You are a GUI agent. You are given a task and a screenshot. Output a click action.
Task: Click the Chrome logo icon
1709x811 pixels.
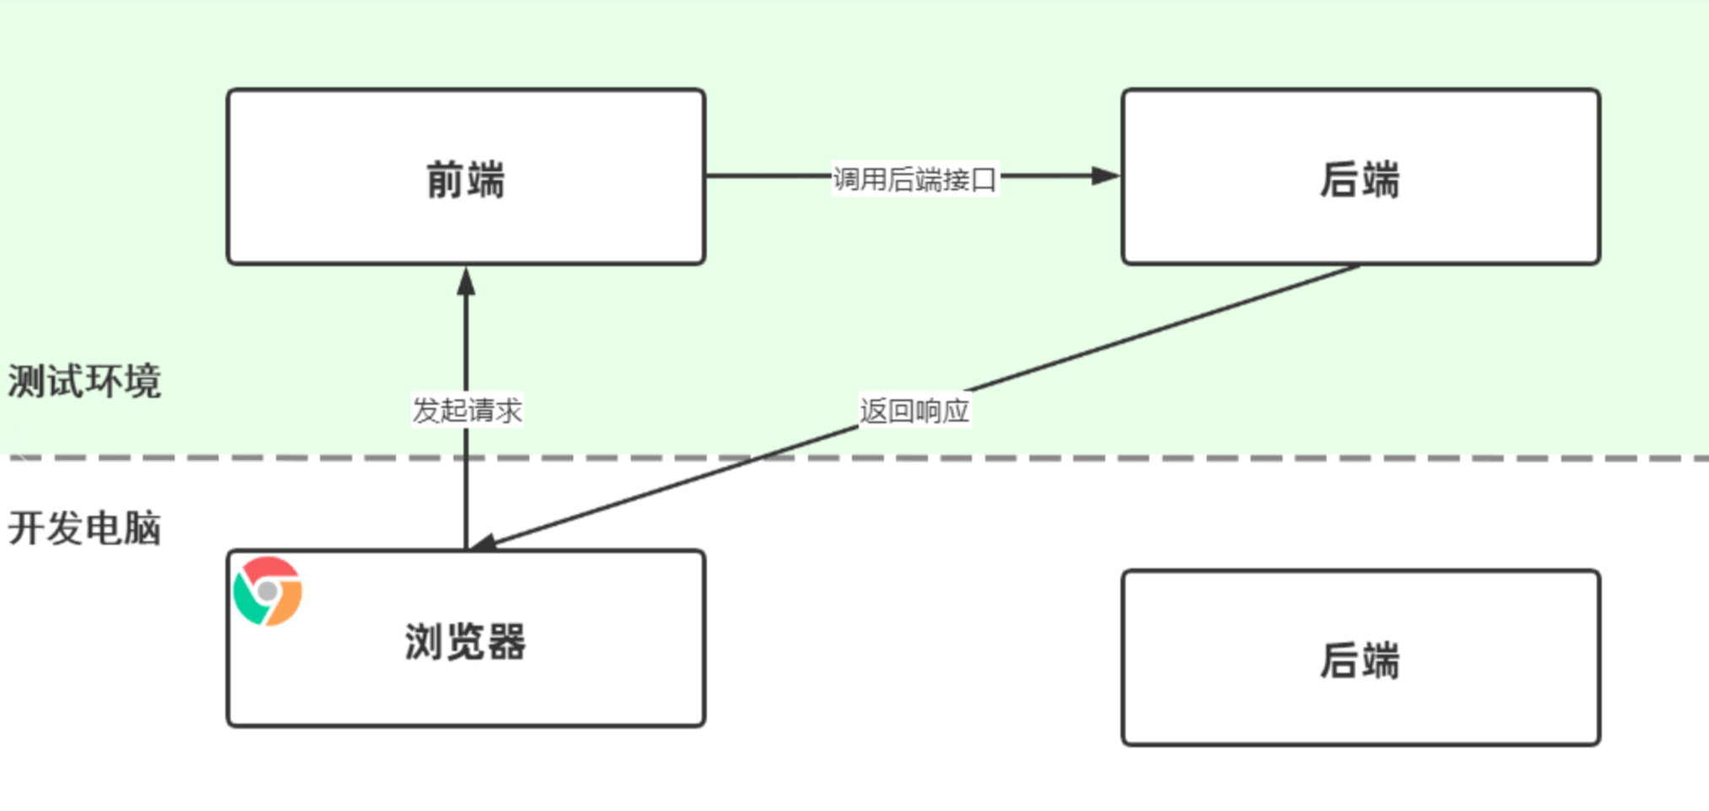(268, 591)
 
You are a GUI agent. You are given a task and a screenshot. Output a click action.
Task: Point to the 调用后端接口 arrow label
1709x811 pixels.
(914, 179)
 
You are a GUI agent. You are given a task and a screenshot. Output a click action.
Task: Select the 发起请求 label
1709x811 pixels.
(467, 410)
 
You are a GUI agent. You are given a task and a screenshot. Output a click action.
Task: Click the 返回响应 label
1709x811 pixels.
(914, 411)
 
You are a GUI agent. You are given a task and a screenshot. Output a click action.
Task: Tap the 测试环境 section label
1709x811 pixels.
(84, 381)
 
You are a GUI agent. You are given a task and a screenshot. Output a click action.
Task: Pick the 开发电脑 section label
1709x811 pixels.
(84, 528)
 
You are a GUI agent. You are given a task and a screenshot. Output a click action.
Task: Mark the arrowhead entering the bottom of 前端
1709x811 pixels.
(466, 282)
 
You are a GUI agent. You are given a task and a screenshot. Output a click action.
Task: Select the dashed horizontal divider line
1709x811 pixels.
(1098, 458)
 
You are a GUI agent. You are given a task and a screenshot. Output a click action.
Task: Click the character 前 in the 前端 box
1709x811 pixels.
(444, 180)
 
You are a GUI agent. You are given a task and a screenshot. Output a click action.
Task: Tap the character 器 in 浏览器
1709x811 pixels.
(507, 642)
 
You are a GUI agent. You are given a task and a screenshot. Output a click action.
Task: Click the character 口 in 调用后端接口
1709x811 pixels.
(984, 180)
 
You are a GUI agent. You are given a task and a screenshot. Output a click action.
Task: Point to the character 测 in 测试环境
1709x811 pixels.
(27, 381)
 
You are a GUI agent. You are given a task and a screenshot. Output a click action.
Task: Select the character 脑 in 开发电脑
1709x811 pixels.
(142, 528)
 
